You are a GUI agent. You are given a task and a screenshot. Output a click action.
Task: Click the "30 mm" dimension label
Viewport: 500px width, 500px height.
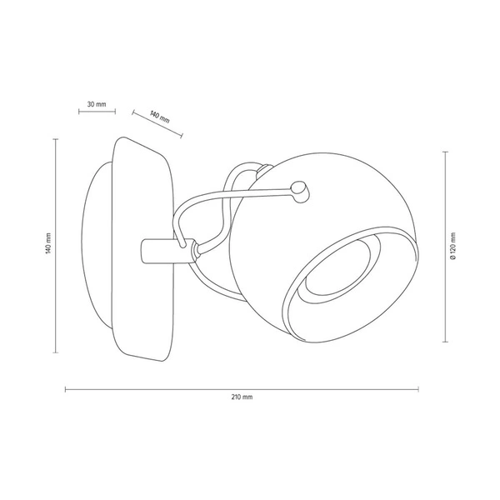pyautogui.click(x=96, y=104)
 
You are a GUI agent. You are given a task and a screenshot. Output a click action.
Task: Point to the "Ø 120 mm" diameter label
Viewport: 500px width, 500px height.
pyautogui.click(x=452, y=247)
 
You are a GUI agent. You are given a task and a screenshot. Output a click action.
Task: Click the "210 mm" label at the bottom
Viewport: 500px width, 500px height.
pyautogui.click(x=242, y=397)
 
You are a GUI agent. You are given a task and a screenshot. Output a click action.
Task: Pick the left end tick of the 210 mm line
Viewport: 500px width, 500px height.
pyautogui.click(x=66, y=387)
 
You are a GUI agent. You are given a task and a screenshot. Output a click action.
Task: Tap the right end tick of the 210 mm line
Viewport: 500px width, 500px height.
pyautogui.click(x=418, y=387)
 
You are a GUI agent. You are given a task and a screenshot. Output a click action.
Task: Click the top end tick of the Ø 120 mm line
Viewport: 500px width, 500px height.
pyautogui.click(x=444, y=152)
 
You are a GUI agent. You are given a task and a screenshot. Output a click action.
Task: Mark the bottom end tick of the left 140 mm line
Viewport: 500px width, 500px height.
pyautogui.click(x=56, y=351)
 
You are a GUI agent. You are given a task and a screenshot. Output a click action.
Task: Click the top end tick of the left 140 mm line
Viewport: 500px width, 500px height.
pyautogui.click(x=56, y=138)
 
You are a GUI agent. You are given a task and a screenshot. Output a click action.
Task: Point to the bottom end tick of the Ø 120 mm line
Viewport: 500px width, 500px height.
pyautogui.click(x=444, y=342)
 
